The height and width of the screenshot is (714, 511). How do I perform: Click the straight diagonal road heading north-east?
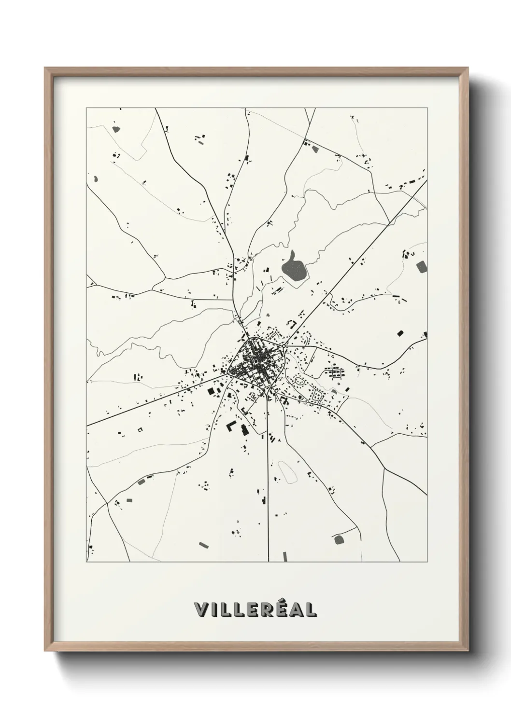click(353, 261)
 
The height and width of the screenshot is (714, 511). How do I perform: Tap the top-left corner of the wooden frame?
click(46, 69)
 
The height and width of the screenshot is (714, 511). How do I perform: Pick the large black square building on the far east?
click(400, 332)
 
